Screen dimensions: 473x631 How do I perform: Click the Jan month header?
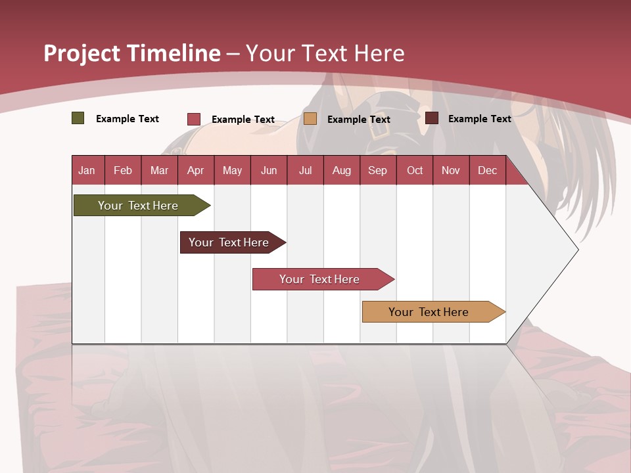(87, 170)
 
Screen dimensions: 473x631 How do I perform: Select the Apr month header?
(195, 170)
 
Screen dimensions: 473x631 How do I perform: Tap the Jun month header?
(268, 170)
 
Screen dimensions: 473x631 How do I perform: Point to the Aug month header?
(341, 170)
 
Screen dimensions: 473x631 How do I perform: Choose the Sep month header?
(377, 170)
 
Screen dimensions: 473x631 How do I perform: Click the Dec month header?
(487, 170)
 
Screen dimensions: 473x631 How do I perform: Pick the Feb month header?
(123, 170)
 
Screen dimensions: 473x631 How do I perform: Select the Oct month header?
(415, 170)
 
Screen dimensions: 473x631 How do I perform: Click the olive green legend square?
(78, 118)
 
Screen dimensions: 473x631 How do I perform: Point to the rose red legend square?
(194, 119)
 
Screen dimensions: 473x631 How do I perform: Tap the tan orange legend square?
(310, 118)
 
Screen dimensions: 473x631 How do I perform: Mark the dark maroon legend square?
(432, 118)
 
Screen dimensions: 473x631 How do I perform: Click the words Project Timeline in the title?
(131, 53)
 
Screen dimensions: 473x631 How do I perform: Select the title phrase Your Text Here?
(325, 53)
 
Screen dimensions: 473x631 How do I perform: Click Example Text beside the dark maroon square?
(479, 118)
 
